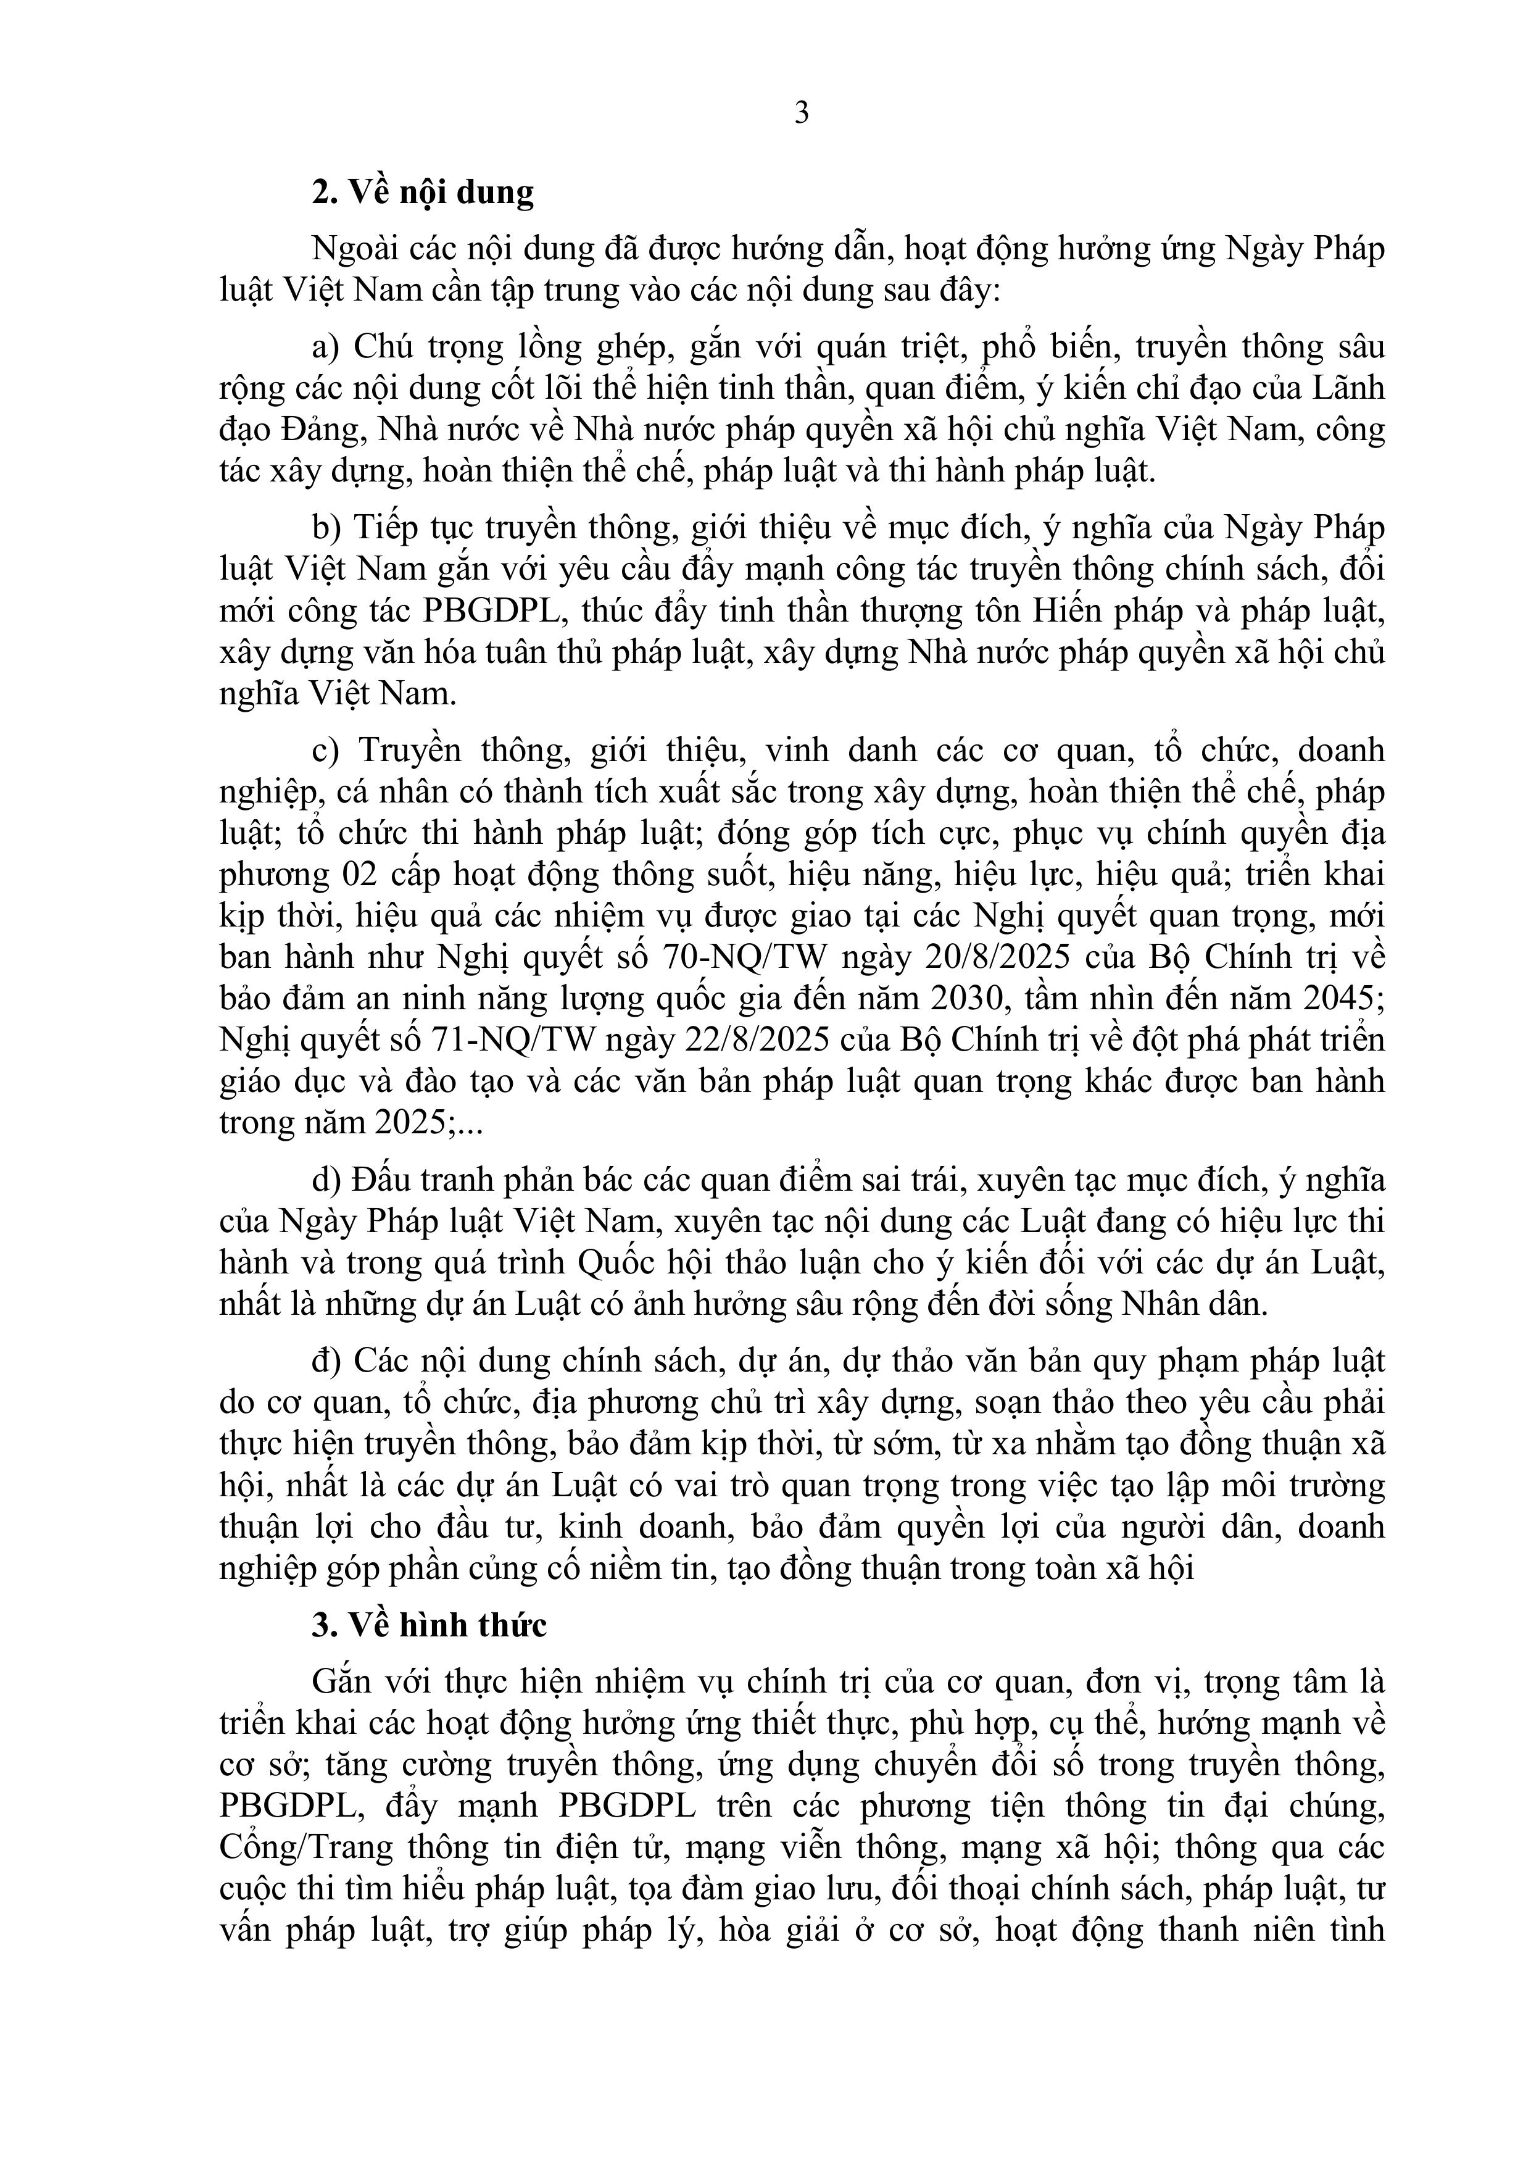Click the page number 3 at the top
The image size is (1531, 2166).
pyautogui.click(x=802, y=114)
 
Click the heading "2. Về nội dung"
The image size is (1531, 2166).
pyautogui.click(x=423, y=191)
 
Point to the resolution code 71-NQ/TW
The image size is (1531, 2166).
pyautogui.click(x=512, y=1039)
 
